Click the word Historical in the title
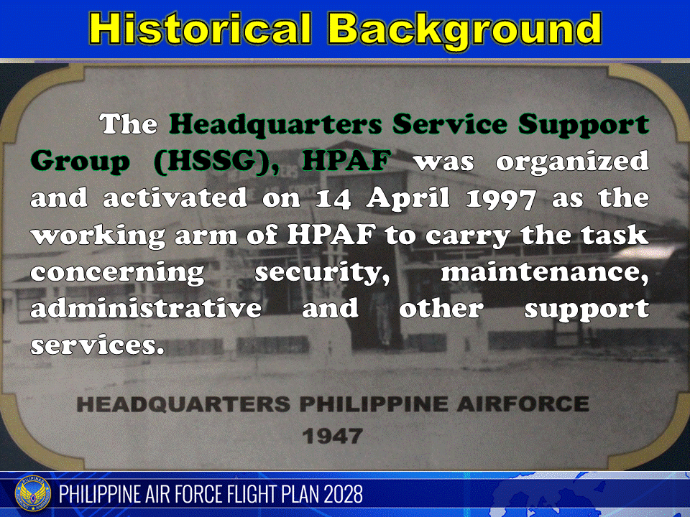coord(202,29)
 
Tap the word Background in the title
coord(465,29)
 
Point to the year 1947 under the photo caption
coord(333,435)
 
